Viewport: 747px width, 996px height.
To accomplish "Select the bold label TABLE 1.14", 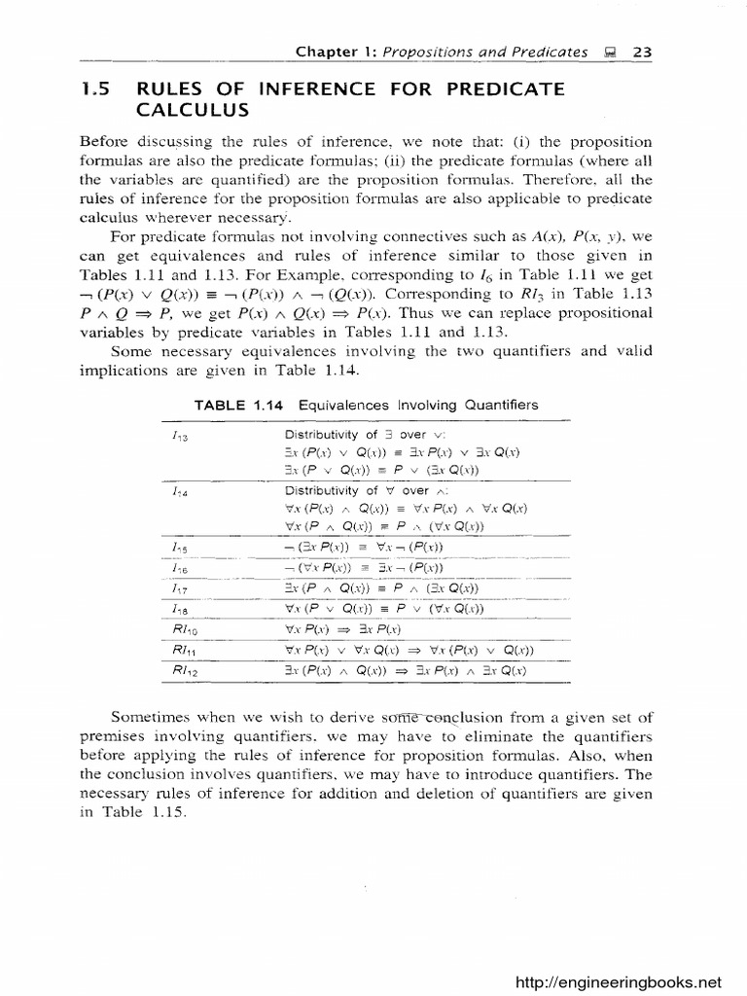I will pos(231,405).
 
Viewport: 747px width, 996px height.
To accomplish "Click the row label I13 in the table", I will pos(178,436).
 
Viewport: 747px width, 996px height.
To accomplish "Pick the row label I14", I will pos(178,492).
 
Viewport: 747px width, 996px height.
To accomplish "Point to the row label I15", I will pos(178,547).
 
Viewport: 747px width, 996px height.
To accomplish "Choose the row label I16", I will pos(178,568).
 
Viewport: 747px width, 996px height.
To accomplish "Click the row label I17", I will pos(178,588).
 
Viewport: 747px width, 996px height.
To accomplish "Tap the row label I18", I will pos(178,610).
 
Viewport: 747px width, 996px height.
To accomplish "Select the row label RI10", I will pos(180,630).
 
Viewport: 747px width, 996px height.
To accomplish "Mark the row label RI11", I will pos(180,651).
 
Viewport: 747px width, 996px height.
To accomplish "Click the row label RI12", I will pos(180,671).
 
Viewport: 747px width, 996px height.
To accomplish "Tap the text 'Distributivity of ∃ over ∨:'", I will pos(355,435).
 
